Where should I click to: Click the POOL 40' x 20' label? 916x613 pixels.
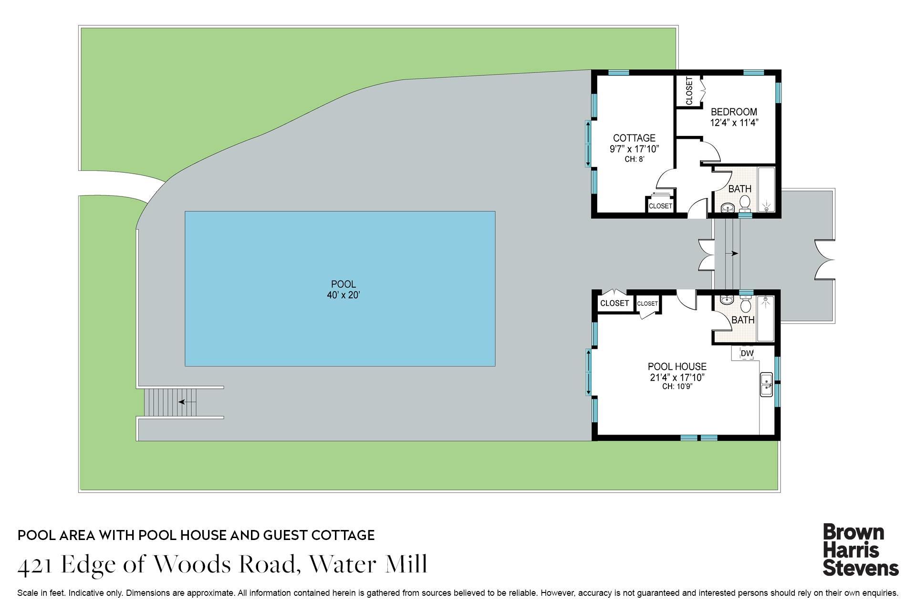pos(343,290)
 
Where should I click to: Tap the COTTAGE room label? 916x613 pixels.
pos(634,138)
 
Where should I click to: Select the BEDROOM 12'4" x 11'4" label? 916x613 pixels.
pos(734,117)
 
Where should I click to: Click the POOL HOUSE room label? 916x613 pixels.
pos(677,367)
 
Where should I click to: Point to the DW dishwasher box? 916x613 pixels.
pos(747,353)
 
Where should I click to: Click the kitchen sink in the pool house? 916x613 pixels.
pos(766,384)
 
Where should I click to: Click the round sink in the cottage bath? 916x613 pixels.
pos(728,208)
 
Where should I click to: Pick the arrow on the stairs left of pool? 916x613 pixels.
pos(187,402)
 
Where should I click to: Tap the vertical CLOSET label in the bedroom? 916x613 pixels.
pos(689,91)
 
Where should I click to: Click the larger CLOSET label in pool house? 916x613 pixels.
pos(614,303)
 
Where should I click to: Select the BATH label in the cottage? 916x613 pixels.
pos(739,189)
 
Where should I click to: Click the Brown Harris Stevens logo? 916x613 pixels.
pos(860,550)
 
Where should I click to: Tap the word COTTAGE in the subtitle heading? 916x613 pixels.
pos(343,535)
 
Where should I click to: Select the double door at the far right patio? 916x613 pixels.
pos(824,260)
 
